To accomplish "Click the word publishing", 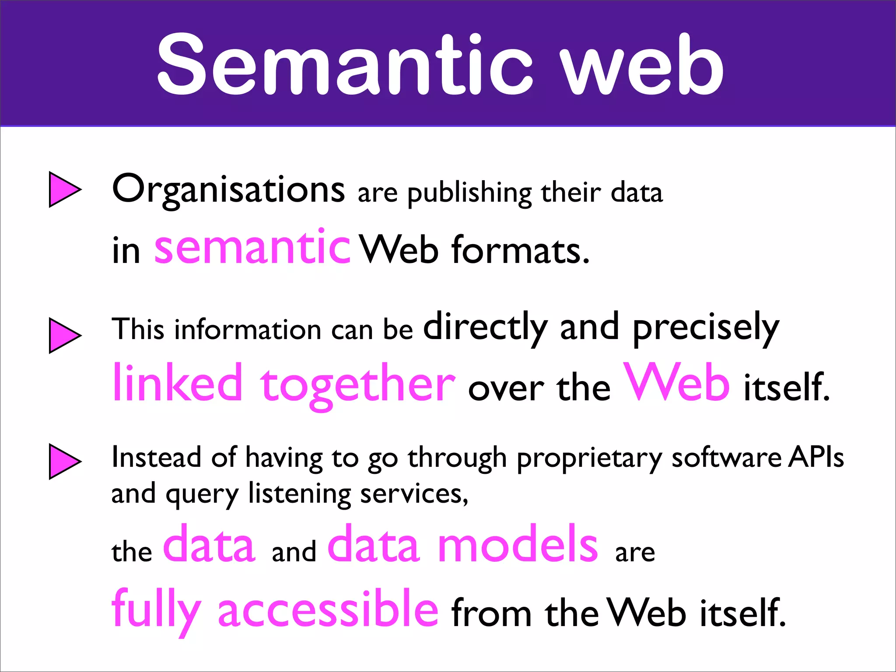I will point(469,193).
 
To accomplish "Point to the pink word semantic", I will point(252,248).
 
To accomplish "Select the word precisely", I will point(706,329).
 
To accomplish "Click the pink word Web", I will point(676,382).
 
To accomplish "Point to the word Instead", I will point(156,457).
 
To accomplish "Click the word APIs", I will point(816,457).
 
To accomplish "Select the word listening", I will point(300,494).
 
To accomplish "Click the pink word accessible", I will point(328,609).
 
